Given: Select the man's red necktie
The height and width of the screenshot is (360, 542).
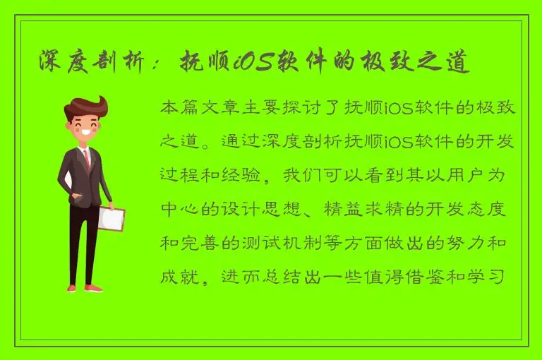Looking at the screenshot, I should click(87, 159).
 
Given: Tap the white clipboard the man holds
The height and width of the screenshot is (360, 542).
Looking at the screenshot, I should click(111, 218).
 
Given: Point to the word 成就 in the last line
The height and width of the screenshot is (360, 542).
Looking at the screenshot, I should click(179, 273).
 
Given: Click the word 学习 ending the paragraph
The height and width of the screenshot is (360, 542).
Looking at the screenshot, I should click(498, 273).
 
